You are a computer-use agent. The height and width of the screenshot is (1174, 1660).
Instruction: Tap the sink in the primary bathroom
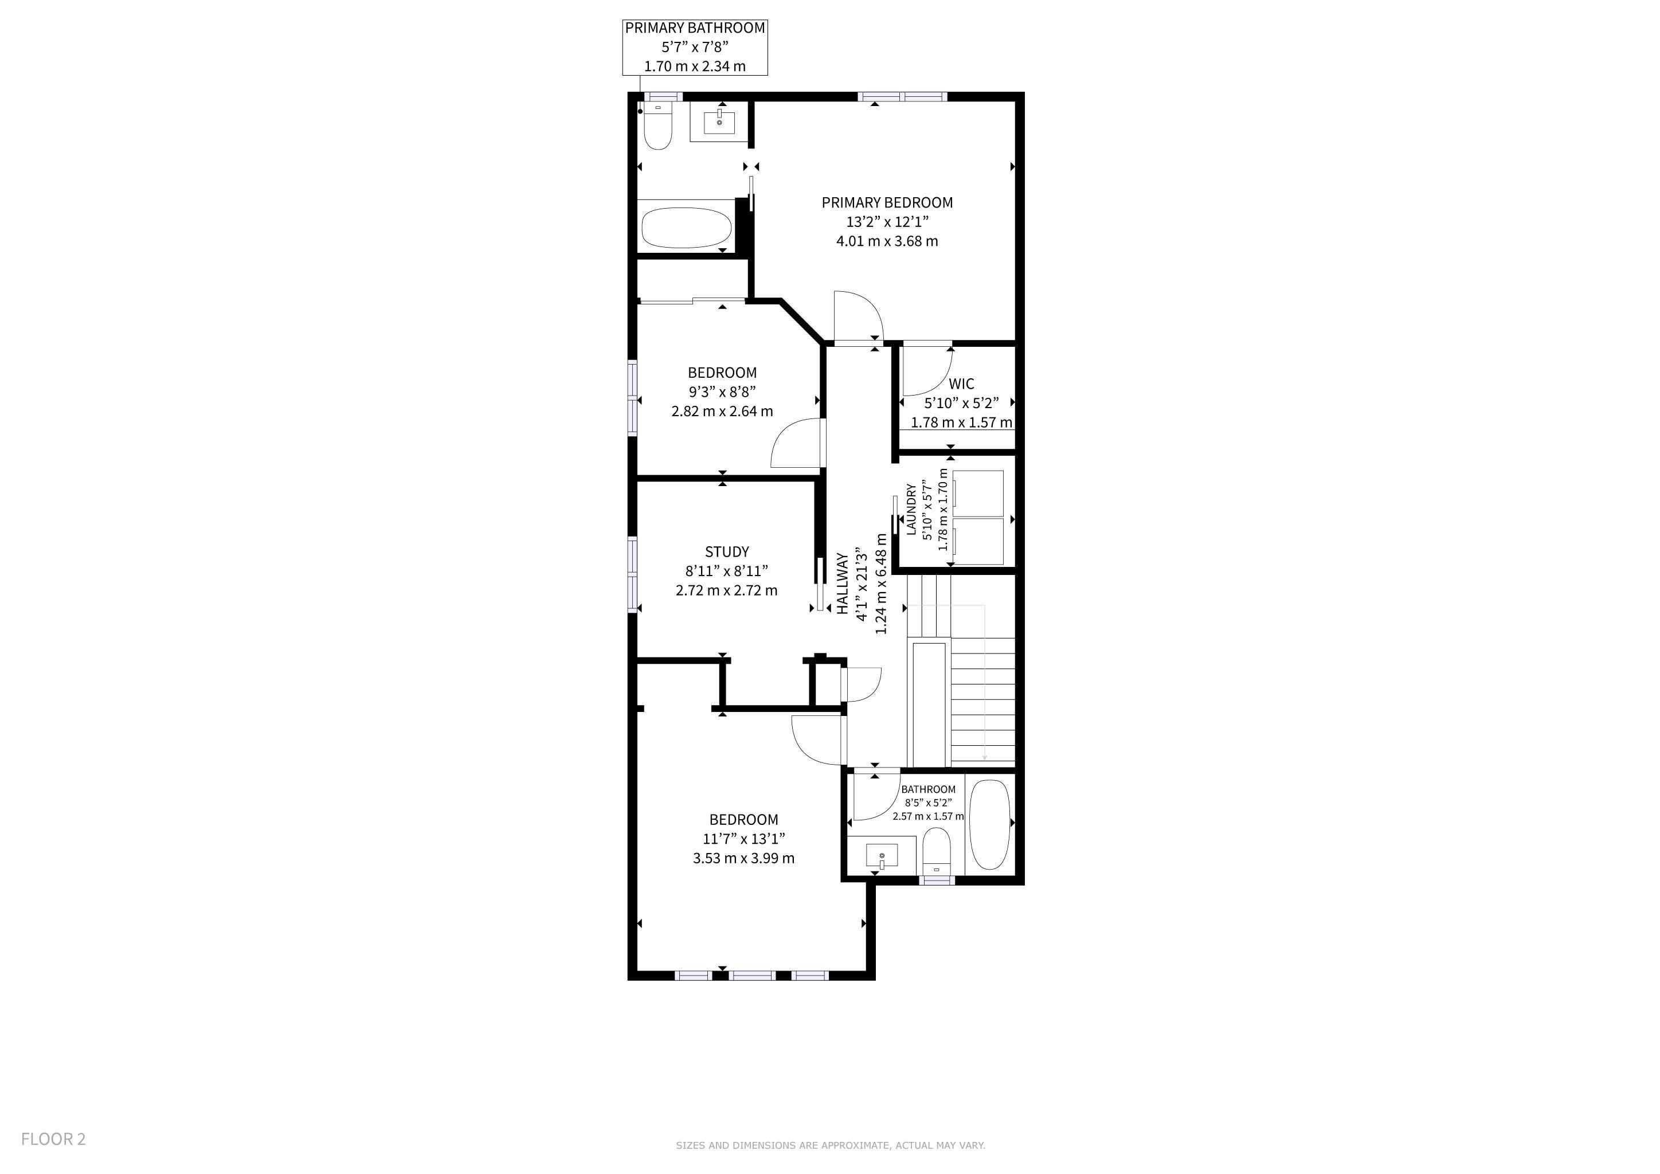[719, 122]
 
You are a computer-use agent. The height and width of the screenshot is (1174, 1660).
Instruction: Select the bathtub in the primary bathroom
[687, 227]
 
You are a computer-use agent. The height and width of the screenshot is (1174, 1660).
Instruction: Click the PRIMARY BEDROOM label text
[887, 203]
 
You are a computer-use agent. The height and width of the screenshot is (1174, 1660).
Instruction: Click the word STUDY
[727, 551]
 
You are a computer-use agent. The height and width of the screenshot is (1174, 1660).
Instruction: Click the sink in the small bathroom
[882, 855]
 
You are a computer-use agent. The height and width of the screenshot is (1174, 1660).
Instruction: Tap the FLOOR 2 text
[53, 1139]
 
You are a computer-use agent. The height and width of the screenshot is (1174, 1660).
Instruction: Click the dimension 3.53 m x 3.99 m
[743, 859]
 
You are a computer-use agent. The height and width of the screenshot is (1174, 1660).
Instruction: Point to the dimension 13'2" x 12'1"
[887, 222]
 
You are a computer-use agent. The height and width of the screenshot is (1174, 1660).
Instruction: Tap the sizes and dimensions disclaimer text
[830, 1145]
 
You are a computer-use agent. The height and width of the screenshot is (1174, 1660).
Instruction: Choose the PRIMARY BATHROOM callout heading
[695, 28]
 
